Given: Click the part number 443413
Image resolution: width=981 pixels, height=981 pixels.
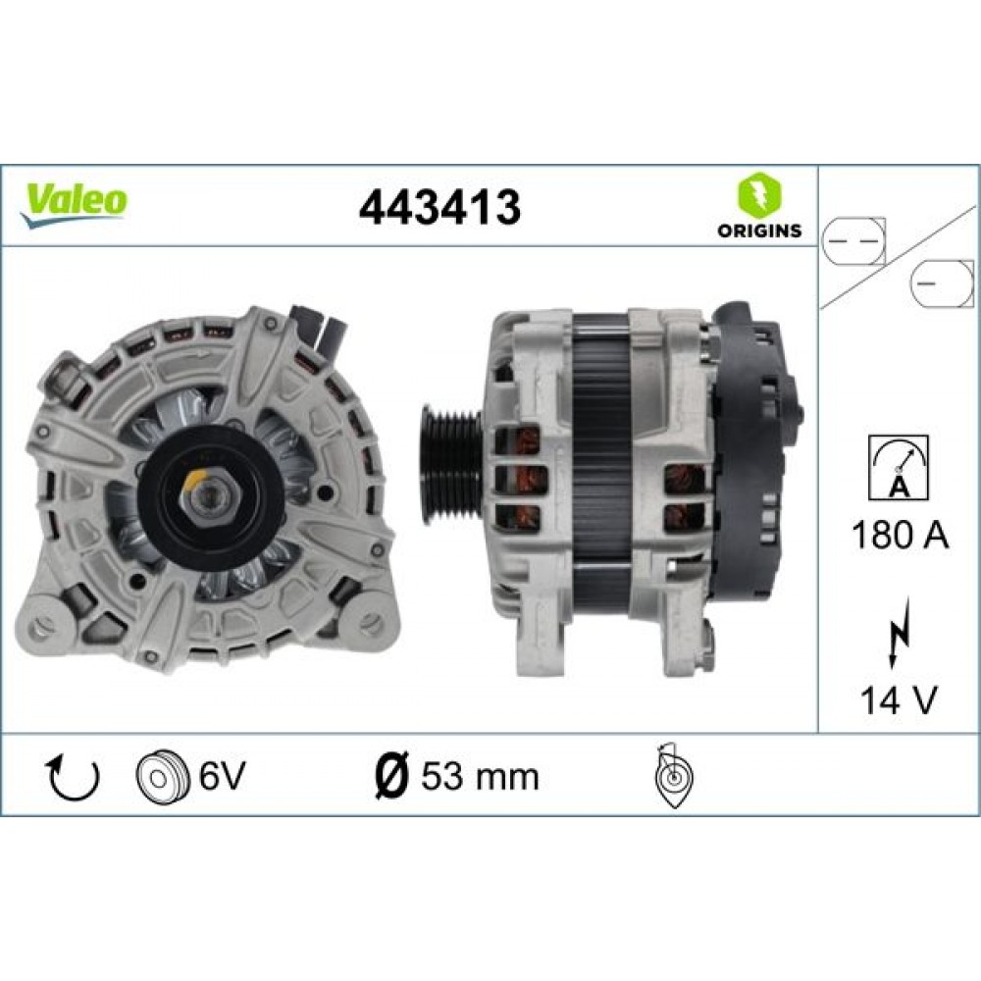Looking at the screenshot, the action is (x=439, y=207).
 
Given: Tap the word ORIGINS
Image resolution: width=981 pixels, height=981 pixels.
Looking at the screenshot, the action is (x=759, y=231).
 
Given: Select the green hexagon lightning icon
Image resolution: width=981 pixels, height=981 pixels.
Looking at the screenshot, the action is (x=759, y=194).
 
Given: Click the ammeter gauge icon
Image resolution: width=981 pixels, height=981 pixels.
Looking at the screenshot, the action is (x=899, y=468).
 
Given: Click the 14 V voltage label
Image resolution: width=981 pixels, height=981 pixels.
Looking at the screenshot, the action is (x=899, y=700).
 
